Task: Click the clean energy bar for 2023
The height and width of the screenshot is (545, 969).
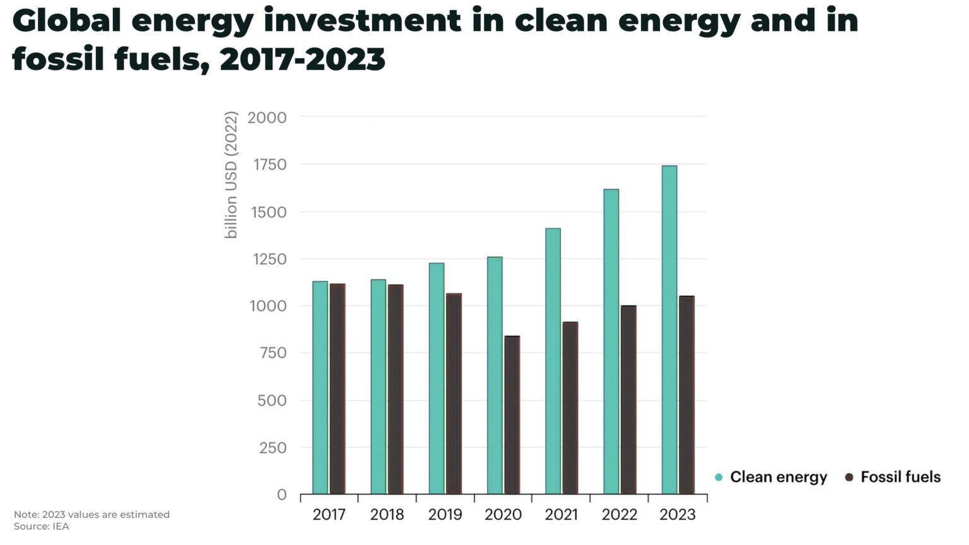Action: pos(669,329)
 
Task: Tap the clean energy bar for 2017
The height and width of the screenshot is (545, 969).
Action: pos(320,387)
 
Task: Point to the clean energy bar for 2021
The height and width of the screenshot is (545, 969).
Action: pos(553,361)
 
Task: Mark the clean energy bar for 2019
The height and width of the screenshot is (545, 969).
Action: pos(437,378)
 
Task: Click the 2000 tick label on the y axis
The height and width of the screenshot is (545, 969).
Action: pos(267,117)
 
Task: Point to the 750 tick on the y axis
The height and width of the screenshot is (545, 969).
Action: pos(272,353)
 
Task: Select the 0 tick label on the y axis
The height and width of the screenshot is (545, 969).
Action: pos(281,495)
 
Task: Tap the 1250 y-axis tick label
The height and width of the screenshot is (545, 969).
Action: pos(269,259)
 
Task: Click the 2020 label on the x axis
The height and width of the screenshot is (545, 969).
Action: pos(503,515)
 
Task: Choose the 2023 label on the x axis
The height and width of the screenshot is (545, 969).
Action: pos(678,515)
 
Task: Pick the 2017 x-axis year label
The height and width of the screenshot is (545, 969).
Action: pos(329,515)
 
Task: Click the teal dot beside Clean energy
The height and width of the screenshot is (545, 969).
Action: pos(719,478)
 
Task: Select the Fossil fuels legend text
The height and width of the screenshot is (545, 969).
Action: pos(900,478)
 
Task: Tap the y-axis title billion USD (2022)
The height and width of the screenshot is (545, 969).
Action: pos(232,175)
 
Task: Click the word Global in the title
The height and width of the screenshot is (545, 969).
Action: pos(66,21)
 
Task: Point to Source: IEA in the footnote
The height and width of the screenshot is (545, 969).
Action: pos(41,527)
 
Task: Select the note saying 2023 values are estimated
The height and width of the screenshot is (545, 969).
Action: pos(91,515)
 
